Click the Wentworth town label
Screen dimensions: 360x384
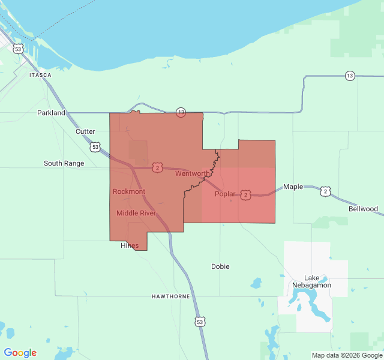193,174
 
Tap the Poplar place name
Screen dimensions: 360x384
225,194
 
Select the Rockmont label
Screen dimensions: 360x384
129,191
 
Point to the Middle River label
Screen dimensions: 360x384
136,213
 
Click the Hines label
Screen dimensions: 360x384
130,245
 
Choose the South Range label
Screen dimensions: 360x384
64,163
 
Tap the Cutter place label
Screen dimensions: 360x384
85,131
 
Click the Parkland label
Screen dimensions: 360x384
51,113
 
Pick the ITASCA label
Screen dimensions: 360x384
40,75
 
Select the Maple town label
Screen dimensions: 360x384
293,187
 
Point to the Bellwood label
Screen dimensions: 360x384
363,209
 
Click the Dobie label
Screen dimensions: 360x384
220,266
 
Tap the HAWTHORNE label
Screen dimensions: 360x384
171,296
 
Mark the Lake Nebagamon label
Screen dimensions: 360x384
311,281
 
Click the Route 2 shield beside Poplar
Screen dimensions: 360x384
245,195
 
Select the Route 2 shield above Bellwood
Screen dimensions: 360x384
325,191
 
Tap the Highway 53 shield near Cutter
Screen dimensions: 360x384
95,146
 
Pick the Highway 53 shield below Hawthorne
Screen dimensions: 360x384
200,322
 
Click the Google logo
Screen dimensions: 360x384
20,353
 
